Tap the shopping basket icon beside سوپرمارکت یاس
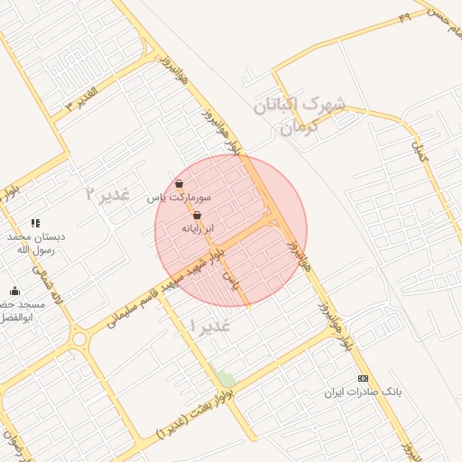(179, 184)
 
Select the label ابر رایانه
(198, 229)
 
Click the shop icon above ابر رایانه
(197, 216)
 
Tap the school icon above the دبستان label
(35, 222)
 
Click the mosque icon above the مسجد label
(14, 291)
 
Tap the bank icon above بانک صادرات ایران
(364, 378)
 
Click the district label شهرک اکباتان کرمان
(299, 115)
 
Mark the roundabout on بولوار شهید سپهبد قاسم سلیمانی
(78, 340)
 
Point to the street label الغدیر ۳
(81, 99)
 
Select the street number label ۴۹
(403, 16)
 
